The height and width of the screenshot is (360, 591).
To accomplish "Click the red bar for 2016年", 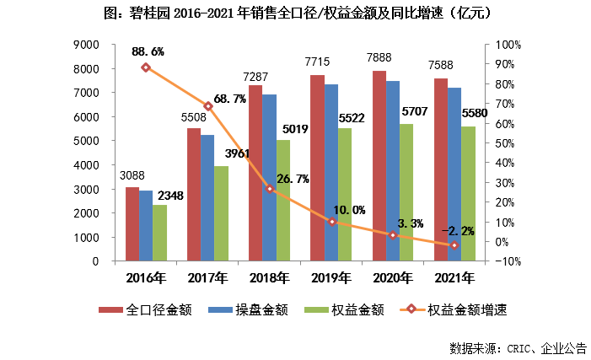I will pyautogui.click(x=132, y=224).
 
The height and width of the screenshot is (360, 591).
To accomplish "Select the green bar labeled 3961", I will pyautogui.click(x=221, y=213).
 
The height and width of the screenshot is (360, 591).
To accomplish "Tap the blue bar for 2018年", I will pyautogui.click(x=269, y=177).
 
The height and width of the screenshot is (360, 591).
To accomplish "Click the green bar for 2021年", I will pyautogui.click(x=468, y=194).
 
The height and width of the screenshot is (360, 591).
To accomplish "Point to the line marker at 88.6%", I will pyautogui.click(x=146, y=67).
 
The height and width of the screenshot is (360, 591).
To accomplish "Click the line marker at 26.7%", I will pyautogui.click(x=270, y=189).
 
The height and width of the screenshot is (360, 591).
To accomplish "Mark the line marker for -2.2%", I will pyautogui.click(x=454, y=245).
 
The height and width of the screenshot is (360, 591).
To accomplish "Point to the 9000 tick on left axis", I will pyautogui.click(x=89, y=45).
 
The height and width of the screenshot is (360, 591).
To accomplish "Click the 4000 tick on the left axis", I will pyautogui.click(x=89, y=165).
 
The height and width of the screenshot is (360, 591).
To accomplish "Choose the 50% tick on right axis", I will pyautogui.click(x=508, y=143).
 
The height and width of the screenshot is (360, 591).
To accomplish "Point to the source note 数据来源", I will pyautogui.click(x=517, y=347).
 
